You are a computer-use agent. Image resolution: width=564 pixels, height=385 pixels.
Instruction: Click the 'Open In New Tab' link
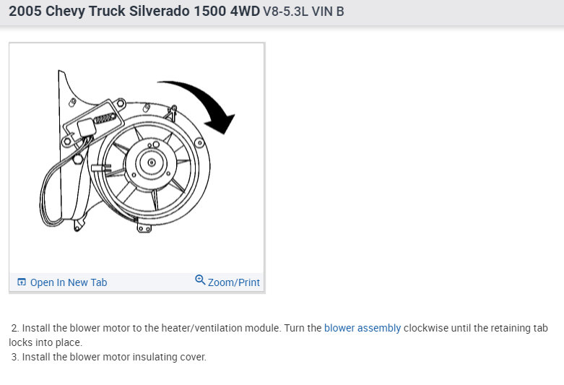pyautogui.click(x=69, y=282)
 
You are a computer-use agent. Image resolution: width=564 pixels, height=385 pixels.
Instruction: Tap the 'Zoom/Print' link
pyautogui.click(x=233, y=282)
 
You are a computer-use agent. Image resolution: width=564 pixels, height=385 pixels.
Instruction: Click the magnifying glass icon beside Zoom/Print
pyautogui.click(x=200, y=280)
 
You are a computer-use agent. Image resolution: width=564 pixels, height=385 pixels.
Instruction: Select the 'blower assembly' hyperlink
pyautogui.click(x=363, y=328)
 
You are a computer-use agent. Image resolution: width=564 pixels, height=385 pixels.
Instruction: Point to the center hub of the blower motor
pyautogui.click(x=152, y=163)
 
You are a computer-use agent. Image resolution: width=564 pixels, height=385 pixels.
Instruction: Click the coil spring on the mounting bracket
pyautogui.click(x=105, y=118)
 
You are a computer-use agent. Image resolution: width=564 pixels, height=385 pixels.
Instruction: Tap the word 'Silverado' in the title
pyautogui.click(x=160, y=11)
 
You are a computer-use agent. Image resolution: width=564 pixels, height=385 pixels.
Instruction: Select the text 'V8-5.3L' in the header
pyautogui.click(x=285, y=12)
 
